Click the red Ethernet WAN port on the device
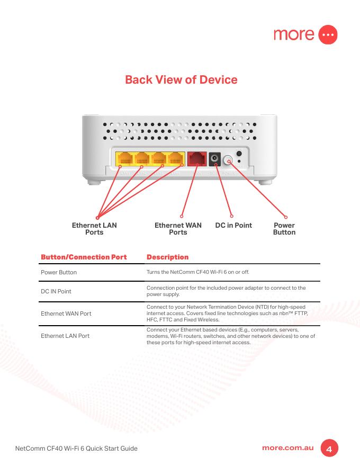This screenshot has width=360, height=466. [x=197, y=159]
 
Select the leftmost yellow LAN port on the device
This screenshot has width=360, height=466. [x=125, y=159]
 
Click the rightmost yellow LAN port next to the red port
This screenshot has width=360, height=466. [x=176, y=159]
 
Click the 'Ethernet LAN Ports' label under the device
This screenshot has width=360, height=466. [x=94, y=229]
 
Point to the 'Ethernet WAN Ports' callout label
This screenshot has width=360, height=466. [x=178, y=229]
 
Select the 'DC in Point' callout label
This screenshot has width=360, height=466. [x=233, y=225]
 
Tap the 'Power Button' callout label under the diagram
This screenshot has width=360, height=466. [x=284, y=229]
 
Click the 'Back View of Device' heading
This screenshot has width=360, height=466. [x=181, y=80]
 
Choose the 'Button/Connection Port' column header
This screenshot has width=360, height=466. [x=84, y=257]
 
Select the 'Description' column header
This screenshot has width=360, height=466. [x=167, y=257]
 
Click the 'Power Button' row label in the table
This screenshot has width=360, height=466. [x=59, y=272]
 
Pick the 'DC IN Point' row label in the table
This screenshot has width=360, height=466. [x=56, y=291]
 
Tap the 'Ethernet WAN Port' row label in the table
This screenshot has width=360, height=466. [x=66, y=313]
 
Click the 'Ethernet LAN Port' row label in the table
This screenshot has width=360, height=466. [x=65, y=336]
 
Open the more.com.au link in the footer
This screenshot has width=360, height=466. [x=288, y=448]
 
